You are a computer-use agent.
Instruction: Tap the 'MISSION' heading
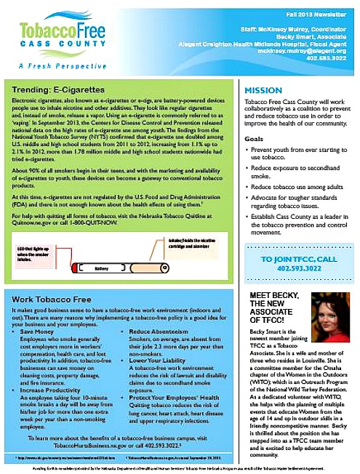254,90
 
